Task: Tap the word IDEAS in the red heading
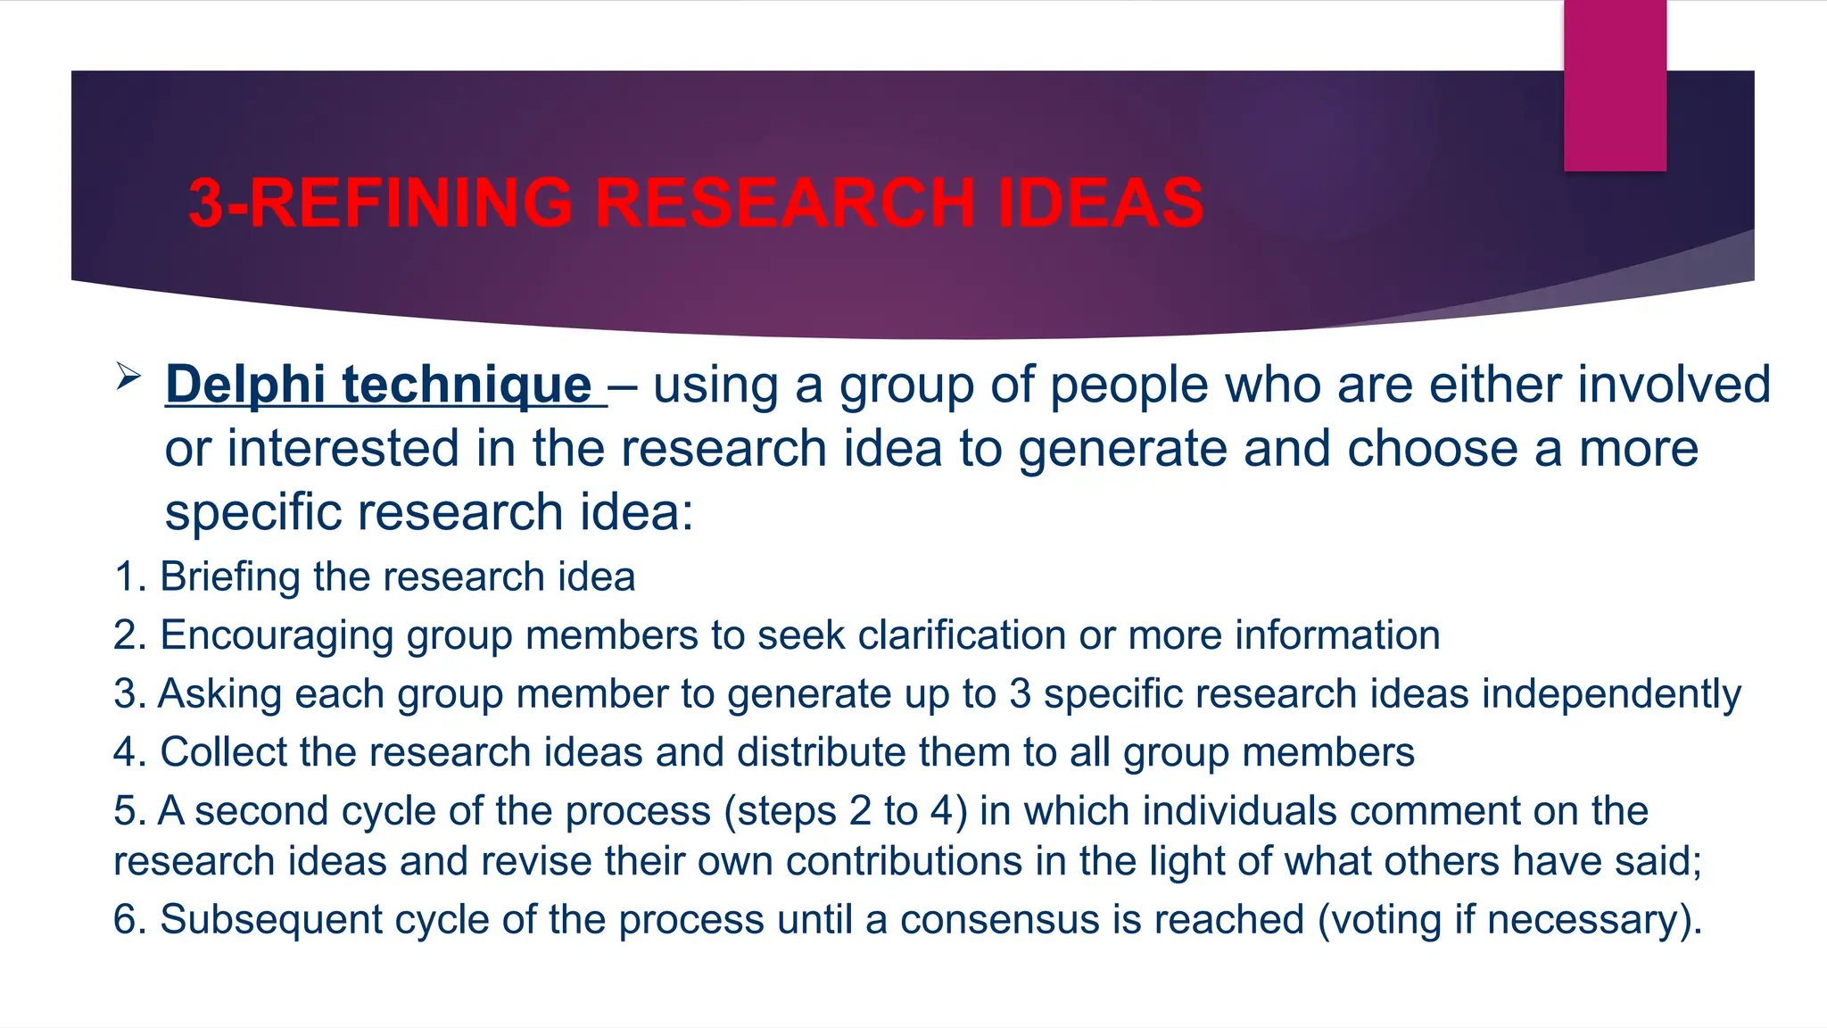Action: point(1101,203)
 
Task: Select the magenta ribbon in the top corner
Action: point(1615,86)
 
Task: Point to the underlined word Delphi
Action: point(245,385)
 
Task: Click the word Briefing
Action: point(229,577)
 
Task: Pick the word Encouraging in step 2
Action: point(277,636)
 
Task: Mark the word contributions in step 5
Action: point(904,862)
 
